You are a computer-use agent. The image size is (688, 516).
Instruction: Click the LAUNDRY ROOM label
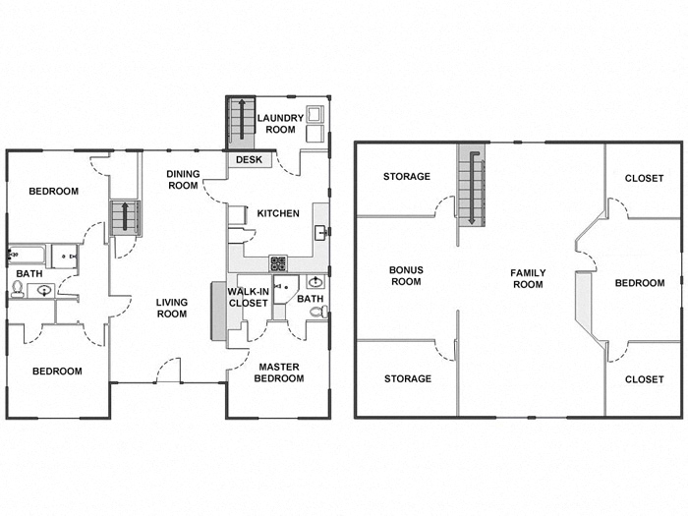click(281, 124)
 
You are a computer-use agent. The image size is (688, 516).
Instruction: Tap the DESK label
click(248, 159)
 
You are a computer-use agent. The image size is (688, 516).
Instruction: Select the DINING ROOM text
click(183, 179)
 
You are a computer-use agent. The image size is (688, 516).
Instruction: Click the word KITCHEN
click(278, 213)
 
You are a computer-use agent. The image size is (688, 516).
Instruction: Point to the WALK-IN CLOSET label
click(248, 298)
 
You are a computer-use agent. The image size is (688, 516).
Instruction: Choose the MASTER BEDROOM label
click(279, 373)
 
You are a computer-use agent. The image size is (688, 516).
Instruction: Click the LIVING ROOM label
click(172, 309)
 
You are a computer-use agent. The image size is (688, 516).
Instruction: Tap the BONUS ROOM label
click(405, 275)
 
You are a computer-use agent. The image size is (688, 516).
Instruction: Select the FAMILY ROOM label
click(528, 278)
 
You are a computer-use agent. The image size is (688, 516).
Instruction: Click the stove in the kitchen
click(278, 263)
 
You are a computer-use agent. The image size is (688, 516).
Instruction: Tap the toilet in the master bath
click(318, 313)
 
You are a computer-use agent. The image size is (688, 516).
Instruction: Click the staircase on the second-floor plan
click(472, 187)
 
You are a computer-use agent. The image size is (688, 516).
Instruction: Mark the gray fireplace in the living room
click(217, 312)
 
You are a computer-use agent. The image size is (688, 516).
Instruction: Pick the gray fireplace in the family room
click(582, 305)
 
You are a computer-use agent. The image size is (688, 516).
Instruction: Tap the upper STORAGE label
click(407, 177)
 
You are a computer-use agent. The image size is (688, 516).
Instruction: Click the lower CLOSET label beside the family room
click(644, 378)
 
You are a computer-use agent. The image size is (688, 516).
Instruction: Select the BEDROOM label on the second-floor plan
click(640, 283)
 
